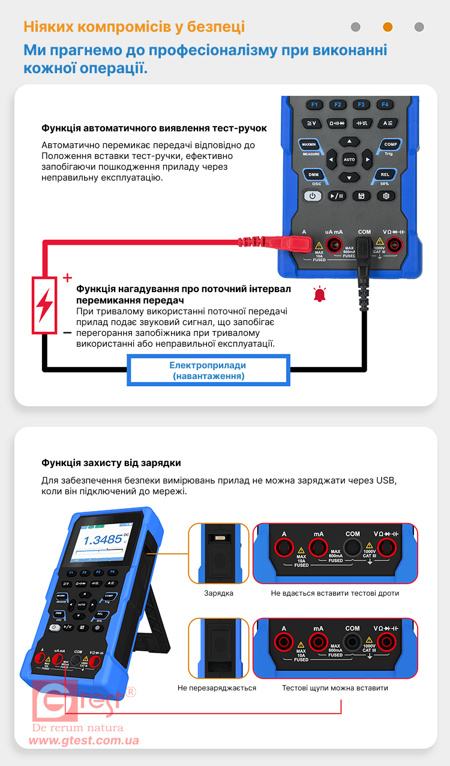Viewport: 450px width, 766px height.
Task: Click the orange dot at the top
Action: pos(388,27)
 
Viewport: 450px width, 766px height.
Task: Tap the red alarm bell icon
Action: pos(319,294)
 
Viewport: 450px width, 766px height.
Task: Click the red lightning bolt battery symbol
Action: pos(44,305)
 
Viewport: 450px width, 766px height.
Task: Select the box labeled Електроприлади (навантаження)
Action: pos(208,371)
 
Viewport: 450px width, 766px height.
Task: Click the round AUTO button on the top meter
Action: pos(349,160)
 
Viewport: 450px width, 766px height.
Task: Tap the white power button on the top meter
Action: pos(312,196)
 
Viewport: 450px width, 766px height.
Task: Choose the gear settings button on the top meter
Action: pos(386,196)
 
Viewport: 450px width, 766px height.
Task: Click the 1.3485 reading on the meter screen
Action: pos(103,540)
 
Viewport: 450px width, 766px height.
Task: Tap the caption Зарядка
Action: pos(218,593)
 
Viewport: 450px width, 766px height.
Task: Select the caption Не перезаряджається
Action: pos(217,688)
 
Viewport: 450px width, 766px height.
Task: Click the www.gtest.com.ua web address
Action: pos(84,741)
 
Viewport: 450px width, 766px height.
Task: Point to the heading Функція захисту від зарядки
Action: pos(111,463)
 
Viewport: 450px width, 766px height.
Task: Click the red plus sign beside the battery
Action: pos(67,278)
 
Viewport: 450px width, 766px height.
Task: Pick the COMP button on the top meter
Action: pos(391,145)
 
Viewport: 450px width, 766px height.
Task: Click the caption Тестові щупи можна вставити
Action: pos(335,688)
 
